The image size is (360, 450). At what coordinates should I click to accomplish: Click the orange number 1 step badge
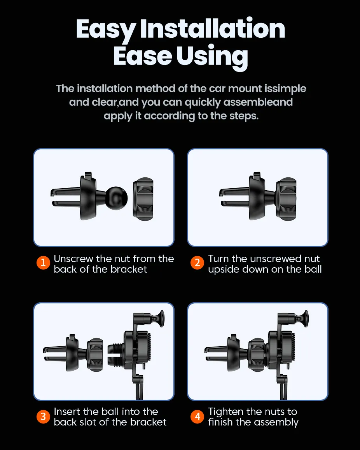pyautogui.click(x=43, y=263)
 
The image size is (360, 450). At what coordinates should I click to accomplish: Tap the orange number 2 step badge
pyautogui.click(x=197, y=263)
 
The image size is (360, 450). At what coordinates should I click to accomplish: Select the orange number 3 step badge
pyautogui.click(x=43, y=417)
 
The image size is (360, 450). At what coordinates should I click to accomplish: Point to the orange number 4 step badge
pyautogui.click(x=197, y=417)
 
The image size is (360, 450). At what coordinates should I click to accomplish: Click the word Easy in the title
pyautogui.click(x=106, y=30)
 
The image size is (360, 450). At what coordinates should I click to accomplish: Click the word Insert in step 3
pyautogui.click(x=67, y=412)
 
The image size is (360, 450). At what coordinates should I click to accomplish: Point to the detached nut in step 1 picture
pyautogui.click(x=143, y=199)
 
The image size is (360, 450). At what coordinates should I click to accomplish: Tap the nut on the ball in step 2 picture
pyautogui.click(x=286, y=199)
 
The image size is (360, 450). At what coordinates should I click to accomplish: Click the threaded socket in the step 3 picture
pyautogui.click(x=115, y=355)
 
